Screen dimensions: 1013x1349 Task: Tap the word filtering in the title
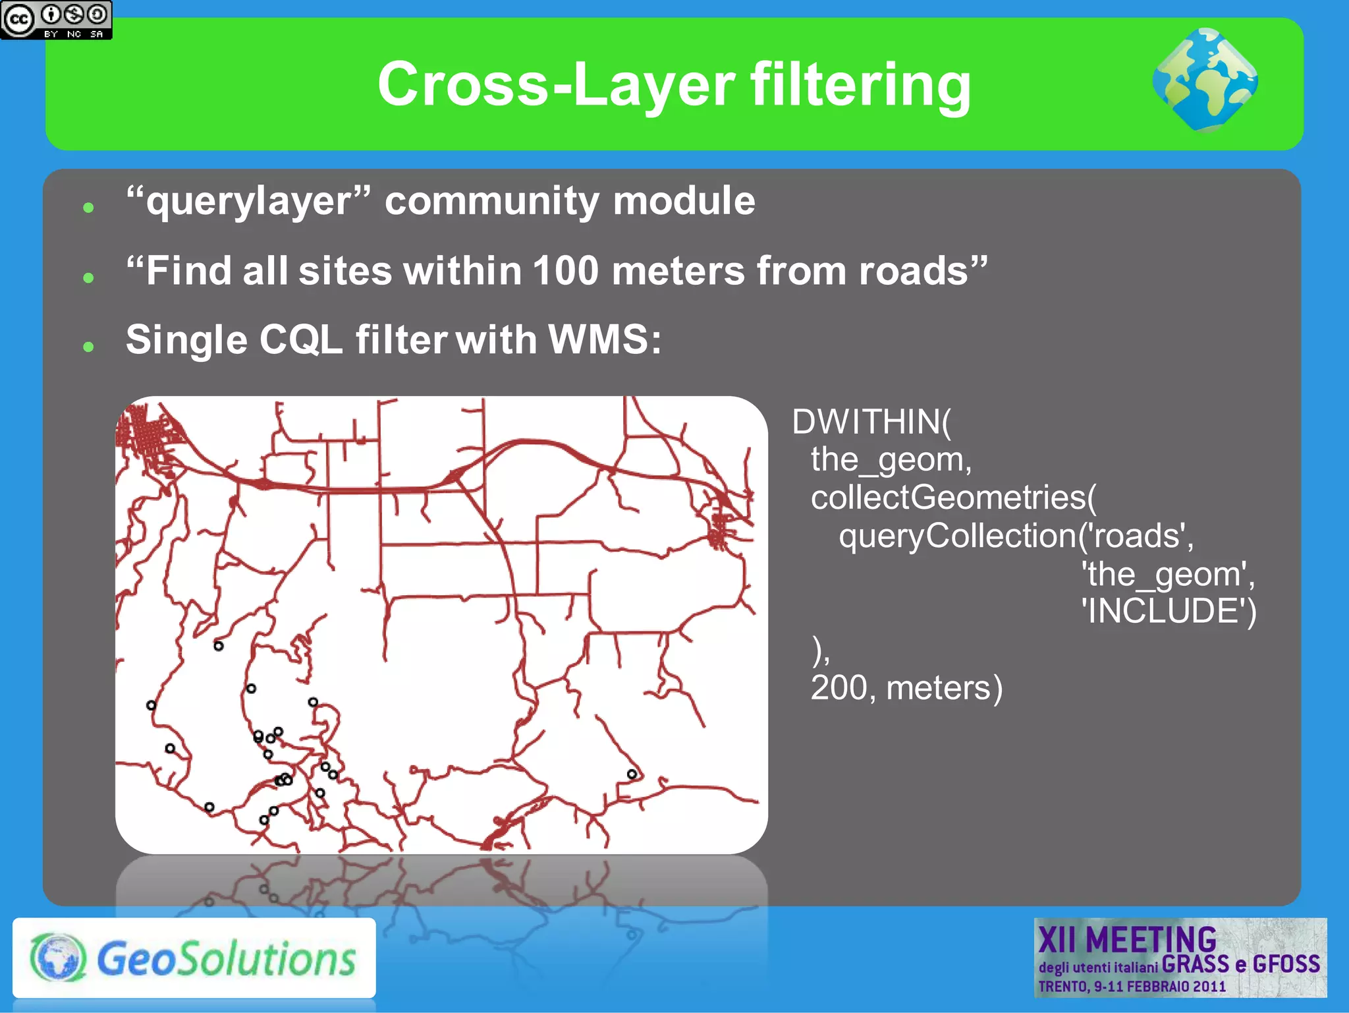pos(860,84)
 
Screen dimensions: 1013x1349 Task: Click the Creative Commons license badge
pos(56,20)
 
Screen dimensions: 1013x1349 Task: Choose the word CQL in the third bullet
pos(301,340)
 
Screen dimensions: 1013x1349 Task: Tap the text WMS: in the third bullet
pos(605,340)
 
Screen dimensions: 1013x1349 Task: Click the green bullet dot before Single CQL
pos(89,346)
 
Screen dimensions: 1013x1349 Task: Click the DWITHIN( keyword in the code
pos(871,422)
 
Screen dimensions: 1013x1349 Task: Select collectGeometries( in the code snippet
pos(953,497)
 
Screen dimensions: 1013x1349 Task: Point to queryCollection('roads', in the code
pos(1015,535)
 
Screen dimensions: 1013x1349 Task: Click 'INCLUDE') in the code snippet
pos(1169,611)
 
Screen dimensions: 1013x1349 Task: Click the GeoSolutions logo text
pos(226,959)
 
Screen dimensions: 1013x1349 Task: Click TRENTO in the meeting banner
pos(1062,987)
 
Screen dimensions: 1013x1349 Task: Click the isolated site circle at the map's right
pos(632,774)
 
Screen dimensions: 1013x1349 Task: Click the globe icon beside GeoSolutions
pos(57,958)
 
